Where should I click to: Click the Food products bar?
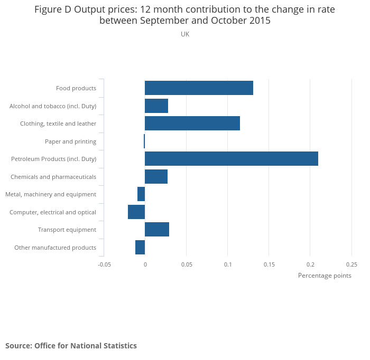click(x=199, y=88)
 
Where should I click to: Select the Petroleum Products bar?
click(x=232, y=159)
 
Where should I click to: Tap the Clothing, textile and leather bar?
click(x=192, y=124)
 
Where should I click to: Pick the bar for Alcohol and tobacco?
click(x=156, y=106)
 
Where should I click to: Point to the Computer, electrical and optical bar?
click(x=136, y=212)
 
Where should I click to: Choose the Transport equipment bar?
click(x=157, y=230)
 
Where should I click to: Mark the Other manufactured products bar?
click(x=140, y=247)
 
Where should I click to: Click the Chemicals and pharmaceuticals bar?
click(x=156, y=177)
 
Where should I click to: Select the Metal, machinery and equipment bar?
click(x=141, y=194)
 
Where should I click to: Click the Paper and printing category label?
click(x=70, y=141)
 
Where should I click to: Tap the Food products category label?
click(x=76, y=88)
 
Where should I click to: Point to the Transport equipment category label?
click(x=67, y=230)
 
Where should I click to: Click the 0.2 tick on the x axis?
click(x=310, y=264)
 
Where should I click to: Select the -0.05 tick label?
click(x=104, y=264)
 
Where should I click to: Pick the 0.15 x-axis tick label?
click(x=269, y=264)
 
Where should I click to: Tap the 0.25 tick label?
click(x=351, y=264)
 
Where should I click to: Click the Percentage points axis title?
click(x=325, y=276)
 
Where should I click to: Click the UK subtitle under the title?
click(x=185, y=34)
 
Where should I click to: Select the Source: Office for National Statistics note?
click(x=71, y=346)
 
